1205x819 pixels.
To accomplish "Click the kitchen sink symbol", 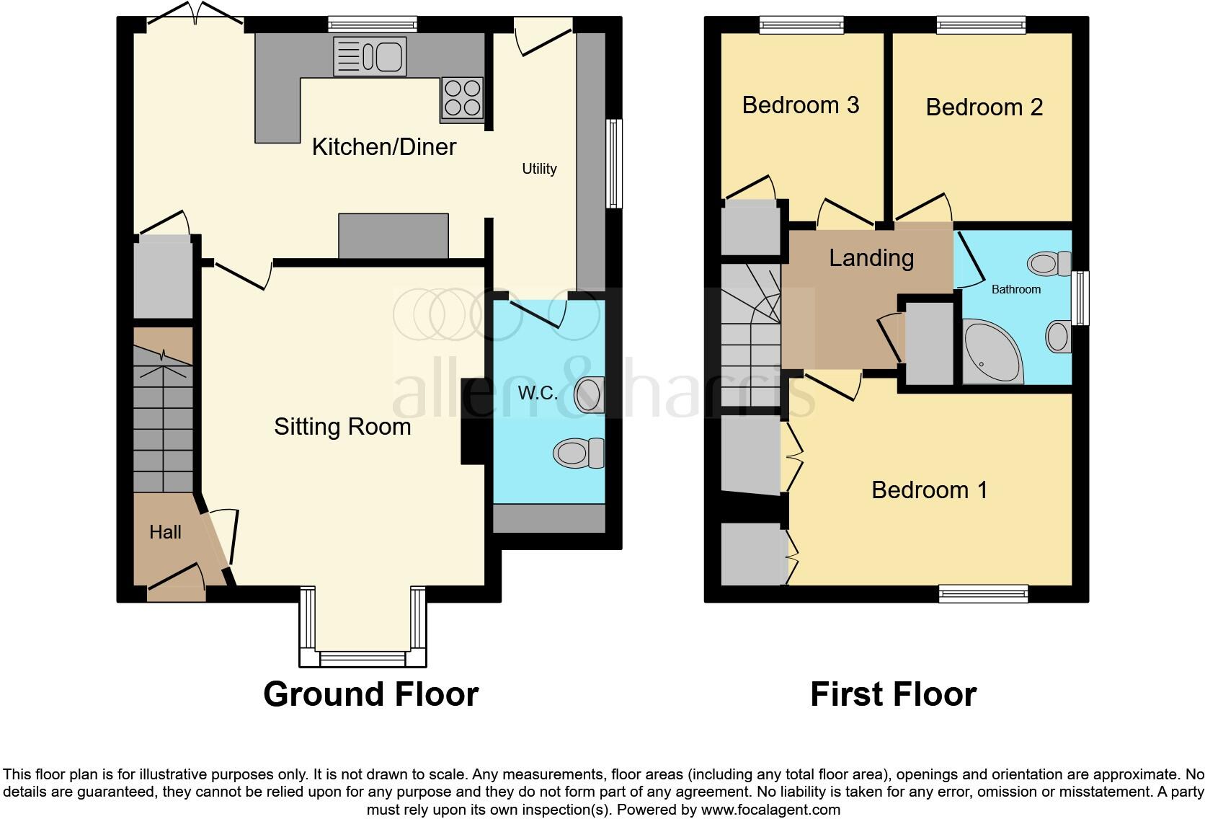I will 370,57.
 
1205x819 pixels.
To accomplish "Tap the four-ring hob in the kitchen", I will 462,98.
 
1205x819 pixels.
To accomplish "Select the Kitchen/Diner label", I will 383,147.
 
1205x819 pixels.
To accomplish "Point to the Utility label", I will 539,169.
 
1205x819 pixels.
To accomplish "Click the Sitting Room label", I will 342,427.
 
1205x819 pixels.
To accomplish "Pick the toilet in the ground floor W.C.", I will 579,453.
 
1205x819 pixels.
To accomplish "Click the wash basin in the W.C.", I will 590,394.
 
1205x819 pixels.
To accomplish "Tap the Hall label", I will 165,532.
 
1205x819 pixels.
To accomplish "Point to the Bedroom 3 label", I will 801,105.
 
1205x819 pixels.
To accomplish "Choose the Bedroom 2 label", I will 984,107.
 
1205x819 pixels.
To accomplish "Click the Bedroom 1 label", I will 929,490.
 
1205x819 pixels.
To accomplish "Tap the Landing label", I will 871,258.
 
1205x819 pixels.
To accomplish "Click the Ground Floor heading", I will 370,694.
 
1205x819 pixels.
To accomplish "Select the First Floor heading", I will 893,694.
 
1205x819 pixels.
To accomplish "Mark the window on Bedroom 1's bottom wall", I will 983,594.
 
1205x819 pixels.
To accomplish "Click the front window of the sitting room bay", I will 363,658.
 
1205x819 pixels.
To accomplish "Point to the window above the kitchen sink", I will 373,25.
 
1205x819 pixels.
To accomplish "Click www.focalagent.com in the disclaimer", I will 770,810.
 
